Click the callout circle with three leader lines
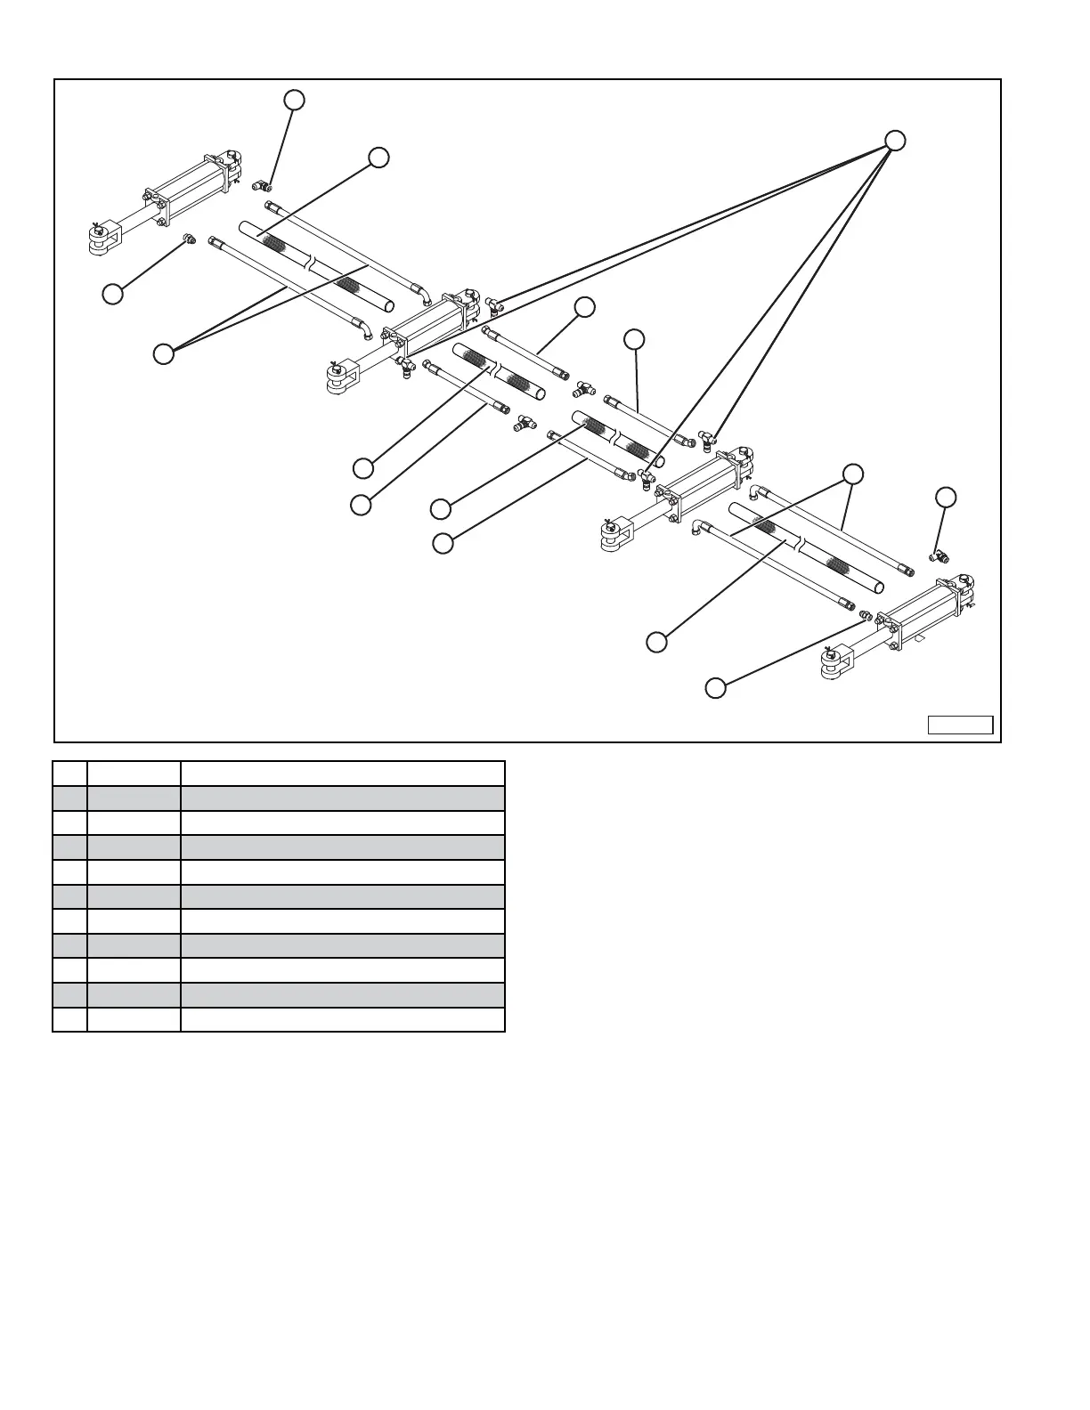[x=895, y=141]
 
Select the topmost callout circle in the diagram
[x=294, y=100]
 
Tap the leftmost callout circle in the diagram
[x=112, y=294]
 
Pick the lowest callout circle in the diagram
[x=716, y=687]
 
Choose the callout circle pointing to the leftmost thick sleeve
[x=378, y=158]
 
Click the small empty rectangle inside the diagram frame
[x=960, y=725]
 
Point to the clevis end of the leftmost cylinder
[x=100, y=238]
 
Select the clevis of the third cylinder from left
[x=614, y=533]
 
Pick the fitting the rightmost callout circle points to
[x=938, y=556]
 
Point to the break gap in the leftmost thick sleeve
[x=310, y=263]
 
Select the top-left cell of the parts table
[x=69, y=773]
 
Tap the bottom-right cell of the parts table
[x=342, y=1019]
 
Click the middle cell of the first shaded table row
[x=134, y=798]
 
